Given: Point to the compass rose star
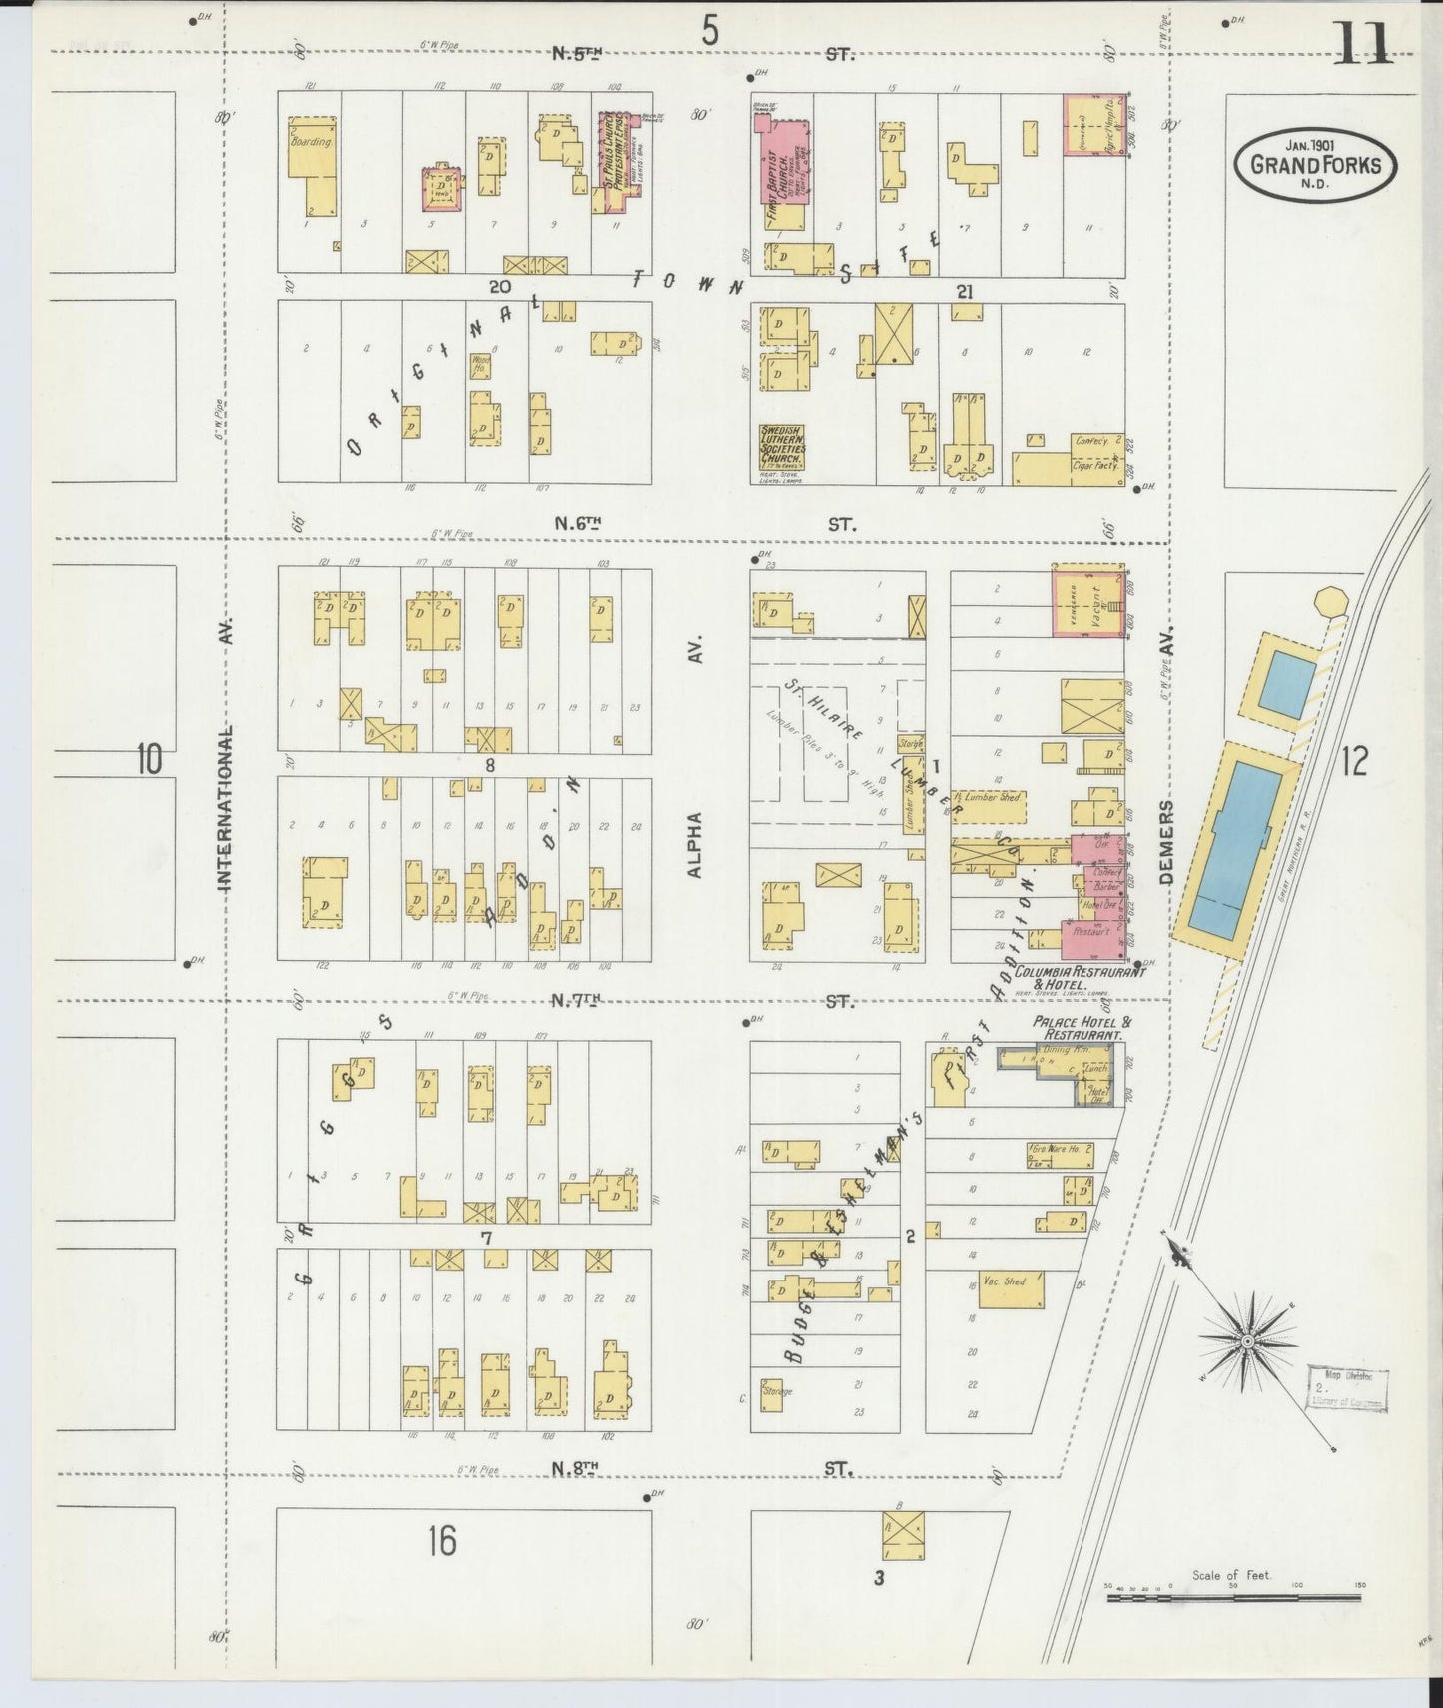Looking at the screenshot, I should pos(1247,1336).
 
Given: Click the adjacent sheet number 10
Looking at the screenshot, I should pos(149,761).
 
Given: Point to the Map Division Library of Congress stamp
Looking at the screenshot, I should pos(1345,1389).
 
